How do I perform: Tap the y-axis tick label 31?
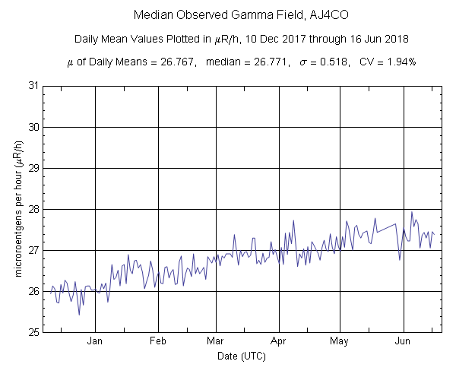pyautogui.click(x=33, y=86)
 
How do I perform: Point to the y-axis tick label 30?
pyautogui.click(x=33, y=127)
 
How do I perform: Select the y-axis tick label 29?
pyautogui.click(x=33, y=168)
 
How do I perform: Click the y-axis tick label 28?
pyautogui.click(x=33, y=209)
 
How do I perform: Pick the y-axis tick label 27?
pyautogui.click(x=33, y=250)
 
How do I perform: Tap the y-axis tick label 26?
pyautogui.click(x=33, y=291)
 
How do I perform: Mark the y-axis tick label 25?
pyautogui.click(x=33, y=332)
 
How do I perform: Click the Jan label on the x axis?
pyautogui.click(x=95, y=342)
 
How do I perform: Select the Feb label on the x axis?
pyautogui.click(x=158, y=342)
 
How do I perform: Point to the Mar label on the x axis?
pyautogui.click(x=216, y=342)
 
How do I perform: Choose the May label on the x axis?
pyautogui.click(x=340, y=342)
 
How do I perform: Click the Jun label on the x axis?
pyautogui.click(x=404, y=342)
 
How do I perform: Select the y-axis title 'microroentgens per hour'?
pyautogui.click(x=20, y=209)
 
